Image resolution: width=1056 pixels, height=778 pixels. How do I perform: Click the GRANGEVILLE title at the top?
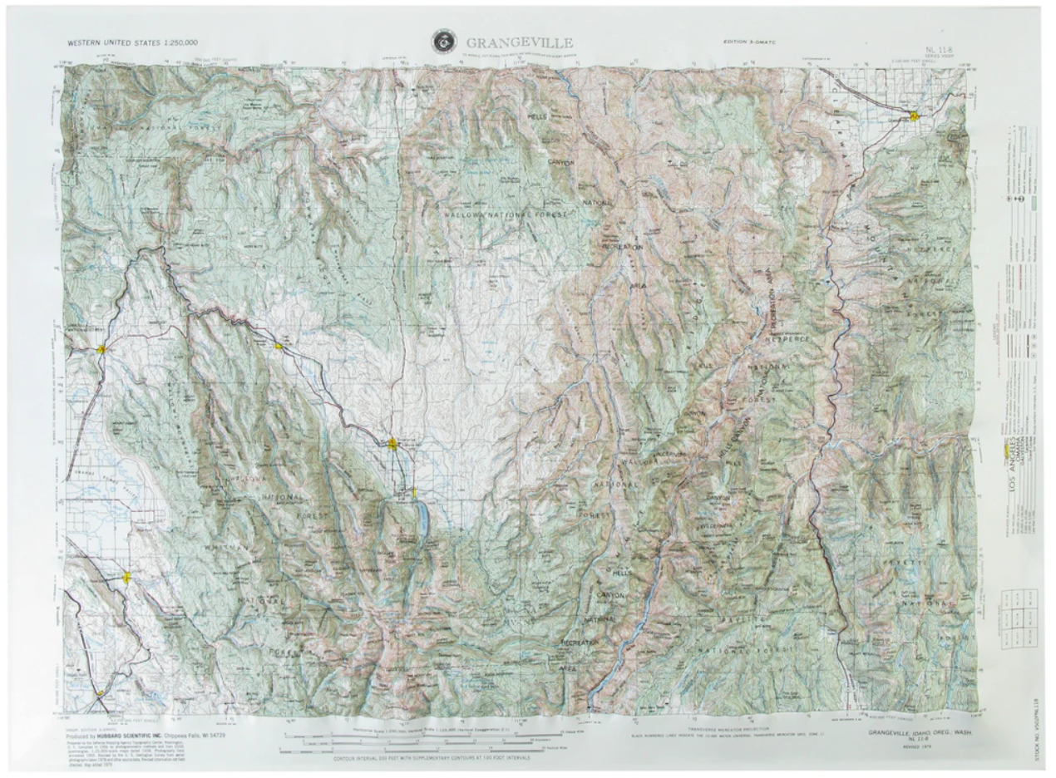tap(519, 42)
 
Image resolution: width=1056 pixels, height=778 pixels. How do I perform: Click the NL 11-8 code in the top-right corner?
tap(943, 51)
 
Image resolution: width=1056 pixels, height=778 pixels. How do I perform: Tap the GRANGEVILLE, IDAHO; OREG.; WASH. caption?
tap(919, 733)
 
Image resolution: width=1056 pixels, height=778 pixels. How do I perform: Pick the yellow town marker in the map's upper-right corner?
tap(914, 116)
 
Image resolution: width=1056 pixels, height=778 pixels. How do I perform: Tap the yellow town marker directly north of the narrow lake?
tap(393, 444)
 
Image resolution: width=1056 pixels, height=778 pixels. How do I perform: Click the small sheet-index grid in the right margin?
tap(1019, 615)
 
